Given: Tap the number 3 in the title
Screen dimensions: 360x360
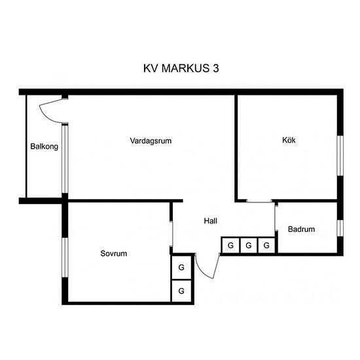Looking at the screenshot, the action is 216,68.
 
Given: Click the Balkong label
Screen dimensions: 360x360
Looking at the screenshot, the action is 45,147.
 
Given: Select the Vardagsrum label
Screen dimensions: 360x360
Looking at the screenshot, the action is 151,141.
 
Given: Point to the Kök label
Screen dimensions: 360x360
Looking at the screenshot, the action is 289,140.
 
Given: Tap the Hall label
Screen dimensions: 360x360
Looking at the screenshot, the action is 211,221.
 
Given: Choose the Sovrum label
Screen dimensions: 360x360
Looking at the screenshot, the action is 114,253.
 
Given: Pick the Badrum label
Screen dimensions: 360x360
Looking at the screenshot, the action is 302,229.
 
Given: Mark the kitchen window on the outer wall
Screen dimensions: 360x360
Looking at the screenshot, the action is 340,156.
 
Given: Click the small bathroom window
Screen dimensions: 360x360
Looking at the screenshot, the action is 340,228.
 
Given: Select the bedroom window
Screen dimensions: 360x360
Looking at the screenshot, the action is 65,257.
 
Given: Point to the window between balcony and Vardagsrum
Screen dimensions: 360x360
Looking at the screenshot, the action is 65,158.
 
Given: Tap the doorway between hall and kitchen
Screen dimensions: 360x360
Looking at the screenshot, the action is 259,202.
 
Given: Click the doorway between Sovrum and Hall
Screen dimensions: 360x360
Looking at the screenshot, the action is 171,234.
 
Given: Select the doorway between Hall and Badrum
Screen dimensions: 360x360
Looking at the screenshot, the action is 276,218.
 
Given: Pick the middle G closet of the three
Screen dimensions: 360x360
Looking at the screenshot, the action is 249,245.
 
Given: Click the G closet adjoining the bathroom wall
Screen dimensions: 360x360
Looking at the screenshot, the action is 266,245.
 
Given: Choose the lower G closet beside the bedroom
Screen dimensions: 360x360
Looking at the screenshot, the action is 181,291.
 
